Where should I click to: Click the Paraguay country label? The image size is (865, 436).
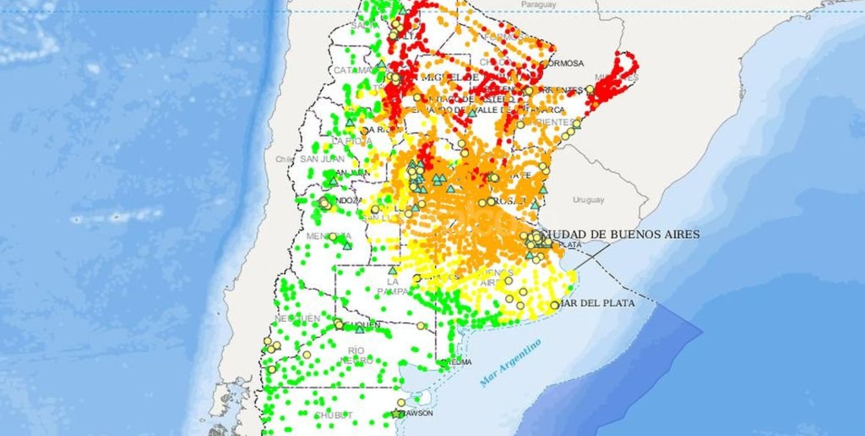point(538,5)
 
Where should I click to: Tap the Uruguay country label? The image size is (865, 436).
point(588,200)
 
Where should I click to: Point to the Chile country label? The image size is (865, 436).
point(284,159)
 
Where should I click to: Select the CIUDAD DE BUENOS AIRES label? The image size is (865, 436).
point(621,234)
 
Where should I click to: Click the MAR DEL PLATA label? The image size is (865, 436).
point(597,303)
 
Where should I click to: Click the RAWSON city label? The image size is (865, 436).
point(418,413)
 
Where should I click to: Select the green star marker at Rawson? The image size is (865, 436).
point(397,413)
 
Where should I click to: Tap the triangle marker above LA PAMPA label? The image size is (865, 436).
point(393,271)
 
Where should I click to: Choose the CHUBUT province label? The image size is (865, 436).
point(333,415)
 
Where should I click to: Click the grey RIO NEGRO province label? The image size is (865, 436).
point(356,355)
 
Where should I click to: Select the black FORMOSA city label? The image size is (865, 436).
point(564,63)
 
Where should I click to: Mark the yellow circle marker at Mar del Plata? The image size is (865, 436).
point(554,305)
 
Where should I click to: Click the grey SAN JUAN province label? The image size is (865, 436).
point(322,159)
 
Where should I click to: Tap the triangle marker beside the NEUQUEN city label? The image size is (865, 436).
point(360,329)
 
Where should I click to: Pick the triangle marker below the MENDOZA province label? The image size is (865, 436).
point(347,246)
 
